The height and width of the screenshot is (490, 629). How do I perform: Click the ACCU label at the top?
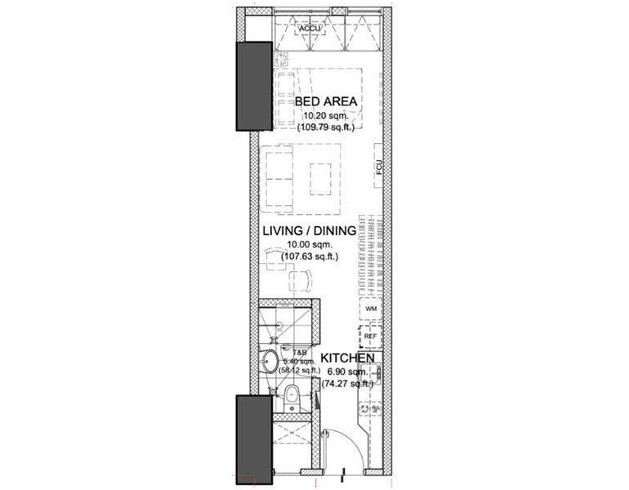(x=310, y=29)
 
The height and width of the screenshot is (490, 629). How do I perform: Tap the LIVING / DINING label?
(x=309, y=231)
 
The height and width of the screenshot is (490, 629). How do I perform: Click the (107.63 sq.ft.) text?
(x=309, y=256)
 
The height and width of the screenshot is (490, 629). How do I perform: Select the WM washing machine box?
(x=371, y=310)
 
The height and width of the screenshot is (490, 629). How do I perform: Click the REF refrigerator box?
(x=371, y=335)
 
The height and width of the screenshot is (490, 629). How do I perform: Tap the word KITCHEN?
(x=347, y=359)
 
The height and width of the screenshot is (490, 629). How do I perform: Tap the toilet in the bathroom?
(x=292, y=399)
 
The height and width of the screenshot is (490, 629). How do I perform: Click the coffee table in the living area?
(x=319, y=178)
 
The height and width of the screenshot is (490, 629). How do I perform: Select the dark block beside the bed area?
(x=253, y=87)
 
